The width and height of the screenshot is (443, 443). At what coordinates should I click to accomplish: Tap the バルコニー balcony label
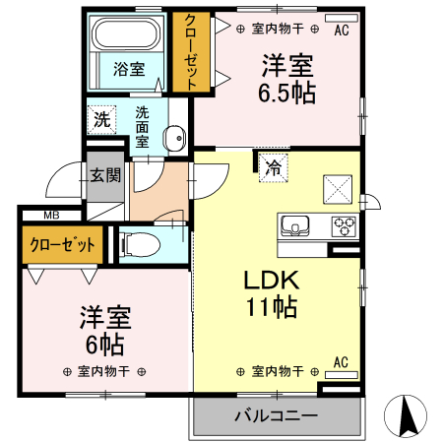(x=276, y=416)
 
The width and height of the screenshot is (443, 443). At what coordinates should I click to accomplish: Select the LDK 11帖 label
(x=271, y=293)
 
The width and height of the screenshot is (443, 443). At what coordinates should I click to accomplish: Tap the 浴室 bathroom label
(x=128, y=69)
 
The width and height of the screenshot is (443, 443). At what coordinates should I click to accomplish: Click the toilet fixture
(x=139, y=242)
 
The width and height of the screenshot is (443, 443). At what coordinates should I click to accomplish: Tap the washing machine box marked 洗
(x=101, y=121)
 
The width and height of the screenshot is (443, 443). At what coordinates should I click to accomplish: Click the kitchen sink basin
(x=295, y=226)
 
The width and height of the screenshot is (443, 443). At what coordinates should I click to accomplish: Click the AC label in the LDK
(x=342, y=361)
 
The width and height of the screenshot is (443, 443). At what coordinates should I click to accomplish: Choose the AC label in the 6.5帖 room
(x=342, y=31)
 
